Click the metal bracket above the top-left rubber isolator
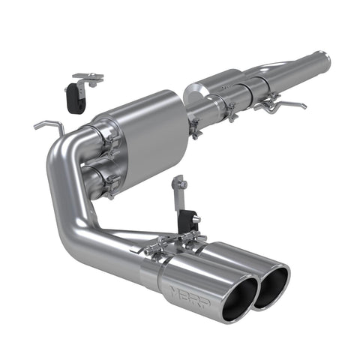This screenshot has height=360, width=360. pyautogui.click(x=88, y=76)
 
